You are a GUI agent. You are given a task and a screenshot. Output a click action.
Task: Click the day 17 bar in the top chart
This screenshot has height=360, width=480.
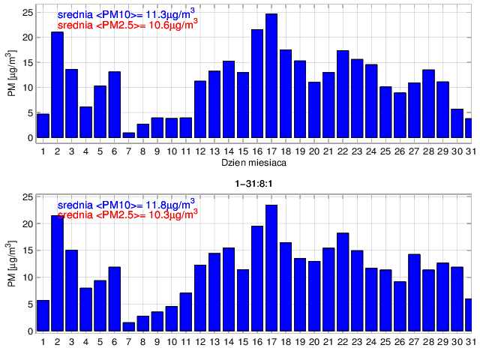pos(271,76)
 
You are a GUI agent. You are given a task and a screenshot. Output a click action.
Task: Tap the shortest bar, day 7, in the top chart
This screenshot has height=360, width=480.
pos(129,135)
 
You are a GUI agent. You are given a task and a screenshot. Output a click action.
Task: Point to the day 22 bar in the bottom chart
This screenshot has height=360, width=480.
pos(343,282)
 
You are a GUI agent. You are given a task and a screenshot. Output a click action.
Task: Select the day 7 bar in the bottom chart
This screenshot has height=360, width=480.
pos(129,327)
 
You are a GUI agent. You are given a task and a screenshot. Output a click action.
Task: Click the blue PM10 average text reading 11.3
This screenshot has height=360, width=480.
pos(127,13)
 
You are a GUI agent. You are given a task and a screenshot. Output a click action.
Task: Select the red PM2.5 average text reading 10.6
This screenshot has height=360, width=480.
pos(127,24)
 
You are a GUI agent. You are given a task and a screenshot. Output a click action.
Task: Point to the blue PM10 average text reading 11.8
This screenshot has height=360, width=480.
pos(127,203)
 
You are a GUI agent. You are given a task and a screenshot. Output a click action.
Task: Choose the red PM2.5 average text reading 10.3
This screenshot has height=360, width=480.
pos(127,214)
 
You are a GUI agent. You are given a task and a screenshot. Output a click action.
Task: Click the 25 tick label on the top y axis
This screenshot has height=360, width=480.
pos(28,13)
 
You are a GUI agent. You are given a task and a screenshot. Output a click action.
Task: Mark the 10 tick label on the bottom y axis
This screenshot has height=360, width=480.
pos(28,278)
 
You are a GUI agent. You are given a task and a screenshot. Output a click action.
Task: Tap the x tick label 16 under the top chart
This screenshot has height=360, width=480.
pos(257,151)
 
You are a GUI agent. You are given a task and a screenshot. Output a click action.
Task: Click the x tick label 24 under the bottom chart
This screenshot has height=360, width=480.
pos(371,342)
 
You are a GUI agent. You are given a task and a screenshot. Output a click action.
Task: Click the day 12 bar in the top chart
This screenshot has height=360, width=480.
pos(200,109)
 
